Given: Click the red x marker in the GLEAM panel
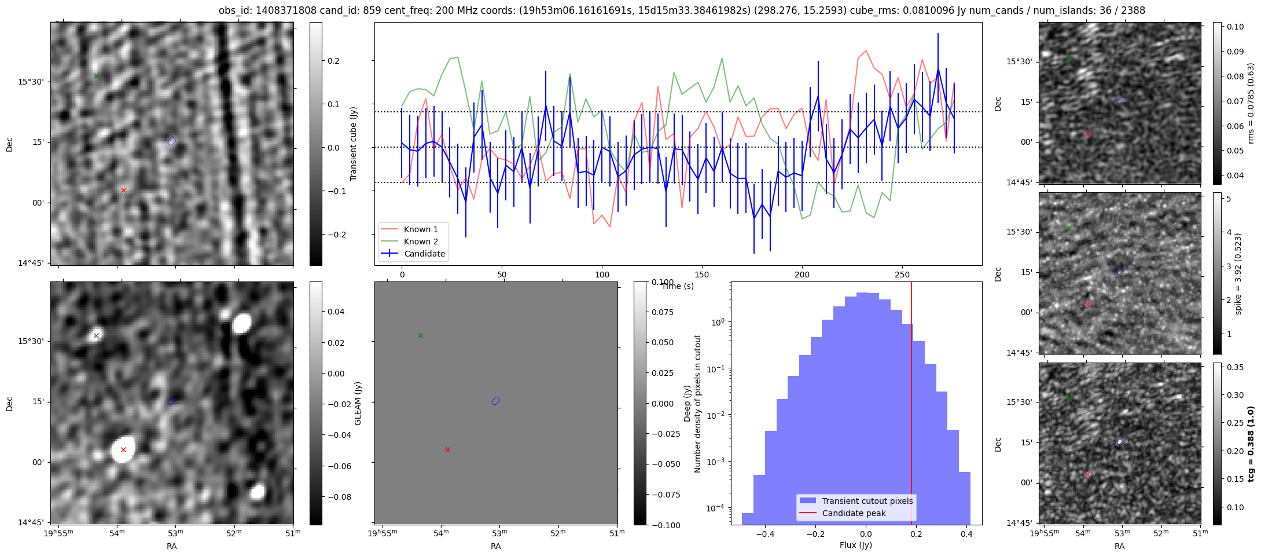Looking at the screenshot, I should click(123, 449).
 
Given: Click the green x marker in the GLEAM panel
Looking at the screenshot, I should click(97, 335).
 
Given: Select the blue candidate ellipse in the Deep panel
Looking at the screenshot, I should click(495, 401).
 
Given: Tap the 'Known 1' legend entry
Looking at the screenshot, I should click(421, 229).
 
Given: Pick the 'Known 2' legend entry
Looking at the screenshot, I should click(421, 242).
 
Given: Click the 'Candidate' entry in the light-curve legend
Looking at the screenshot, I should click(424, 254).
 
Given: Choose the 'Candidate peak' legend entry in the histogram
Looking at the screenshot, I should click(854, 513).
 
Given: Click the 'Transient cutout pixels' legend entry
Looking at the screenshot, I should click(867, 501).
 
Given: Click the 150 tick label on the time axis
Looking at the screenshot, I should click(702, 275).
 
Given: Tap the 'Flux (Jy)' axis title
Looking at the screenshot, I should click(856, 545).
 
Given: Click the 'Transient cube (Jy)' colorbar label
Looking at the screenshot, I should click(354, 144).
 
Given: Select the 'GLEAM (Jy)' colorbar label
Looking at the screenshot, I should click(358, 403).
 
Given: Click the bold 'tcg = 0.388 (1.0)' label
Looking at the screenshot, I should click(1251, 444).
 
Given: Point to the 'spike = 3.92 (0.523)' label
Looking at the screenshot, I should click(1238, 273).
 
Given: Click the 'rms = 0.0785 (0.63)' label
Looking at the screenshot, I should click(1251, 103).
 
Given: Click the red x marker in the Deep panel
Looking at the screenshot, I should click(447, 449).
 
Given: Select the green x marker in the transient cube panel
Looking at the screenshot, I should click(97, 76).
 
